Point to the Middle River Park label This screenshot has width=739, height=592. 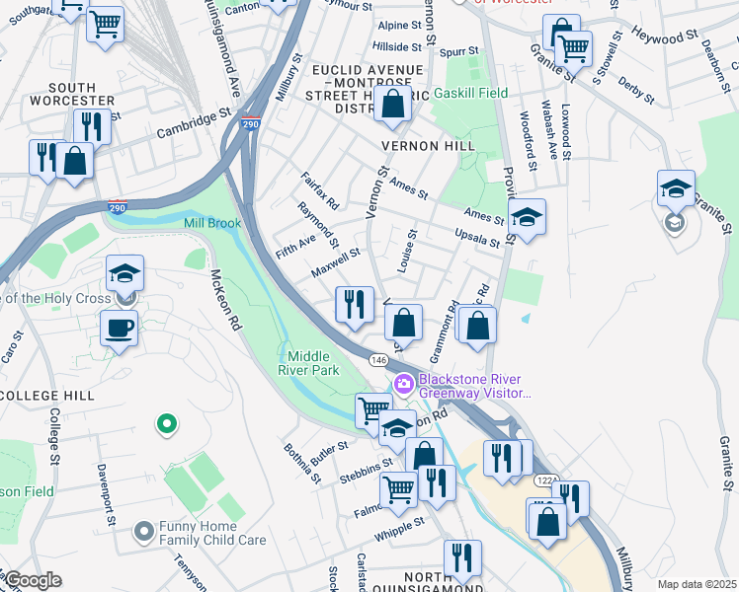(314, 363)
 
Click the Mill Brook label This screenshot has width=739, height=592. (212, 223)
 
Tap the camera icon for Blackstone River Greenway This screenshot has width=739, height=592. (403, 384)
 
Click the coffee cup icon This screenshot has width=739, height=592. (119, 328)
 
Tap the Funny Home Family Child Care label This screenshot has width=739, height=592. (213, 533)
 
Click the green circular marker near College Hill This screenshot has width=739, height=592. (167, 424)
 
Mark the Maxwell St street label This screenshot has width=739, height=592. (335, 261)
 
